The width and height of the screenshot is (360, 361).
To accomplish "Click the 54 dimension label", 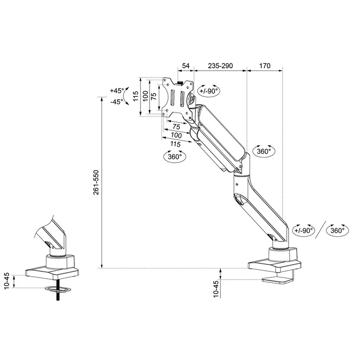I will pyautogui.click(x=185, y=66).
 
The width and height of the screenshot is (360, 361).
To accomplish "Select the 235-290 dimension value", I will pyautogui.click(x=220, y=66).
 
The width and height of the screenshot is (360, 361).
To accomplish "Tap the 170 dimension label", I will pyautogui.click(x=265, y=66).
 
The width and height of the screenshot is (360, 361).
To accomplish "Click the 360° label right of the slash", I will pyautogui.click(x=338, y=230).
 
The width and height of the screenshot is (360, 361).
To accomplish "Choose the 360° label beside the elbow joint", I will pyautogui.click(x=264, y=151).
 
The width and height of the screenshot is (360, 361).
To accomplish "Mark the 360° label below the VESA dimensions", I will pyautogui.click(x=175, y=157).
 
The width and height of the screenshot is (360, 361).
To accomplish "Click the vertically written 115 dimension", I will pyautogui.click(x=134, y=96).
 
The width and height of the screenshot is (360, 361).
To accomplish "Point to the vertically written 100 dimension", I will pyautogui.click(x=145, y=96).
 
